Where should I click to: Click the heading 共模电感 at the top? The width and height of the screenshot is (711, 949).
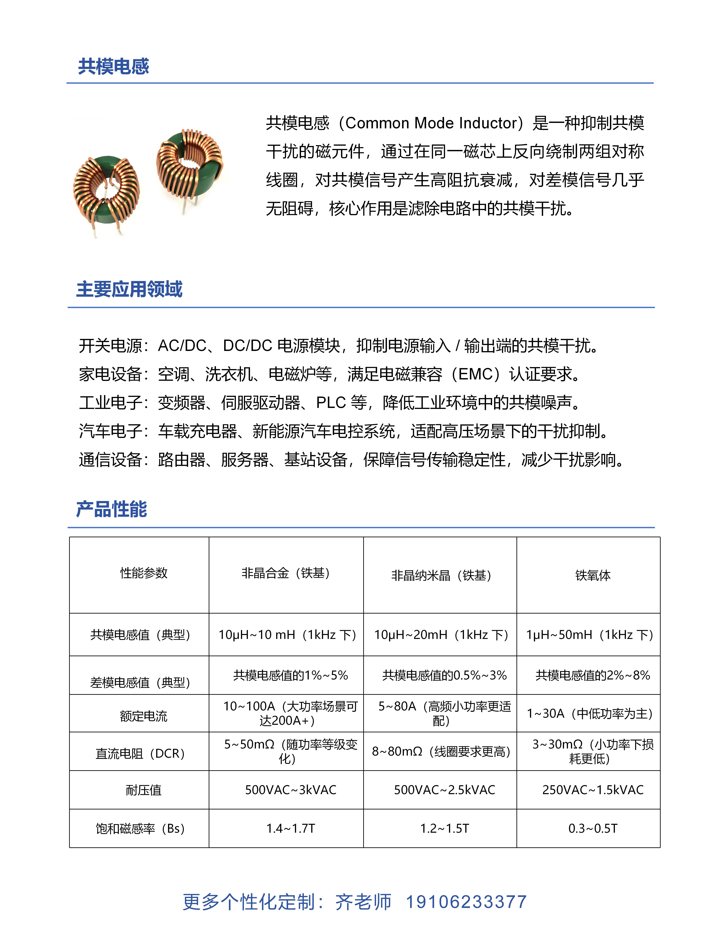113,67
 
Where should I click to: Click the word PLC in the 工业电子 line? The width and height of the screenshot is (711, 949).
331,403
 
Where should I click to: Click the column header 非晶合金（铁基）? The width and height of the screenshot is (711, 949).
286,573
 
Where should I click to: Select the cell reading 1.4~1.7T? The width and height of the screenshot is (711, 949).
290,828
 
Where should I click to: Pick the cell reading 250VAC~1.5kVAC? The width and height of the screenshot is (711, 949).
593,790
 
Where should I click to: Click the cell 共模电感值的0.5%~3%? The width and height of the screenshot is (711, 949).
444,675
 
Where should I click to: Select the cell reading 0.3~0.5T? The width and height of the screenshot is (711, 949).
593,828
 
